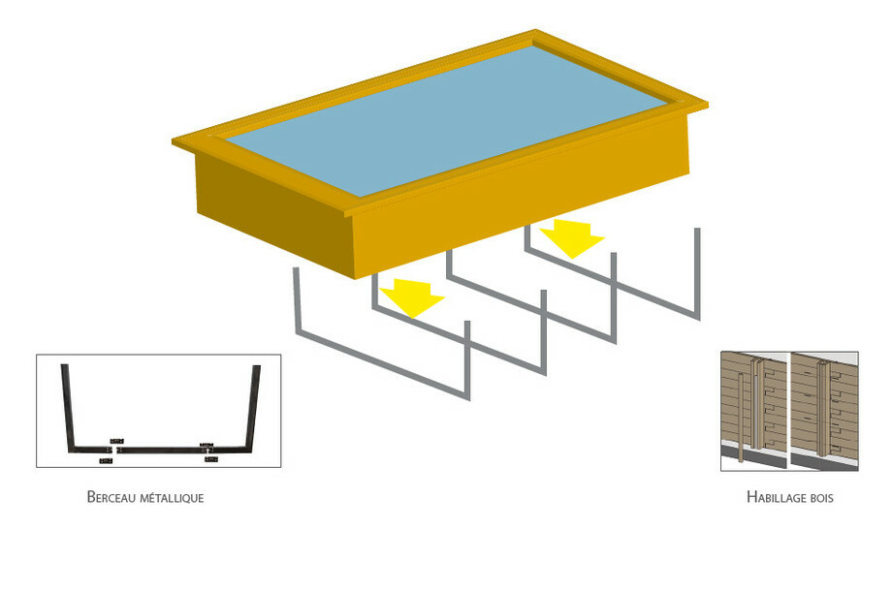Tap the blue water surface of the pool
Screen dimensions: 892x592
447,120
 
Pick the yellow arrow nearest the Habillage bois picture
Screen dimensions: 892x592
572,236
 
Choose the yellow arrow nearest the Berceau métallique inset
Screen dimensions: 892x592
412,296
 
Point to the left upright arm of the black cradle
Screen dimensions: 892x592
67,407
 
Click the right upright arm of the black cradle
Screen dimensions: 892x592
253,407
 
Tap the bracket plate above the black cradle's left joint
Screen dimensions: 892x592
116,441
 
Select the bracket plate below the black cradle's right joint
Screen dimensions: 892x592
211,459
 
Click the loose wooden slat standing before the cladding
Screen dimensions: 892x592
741,418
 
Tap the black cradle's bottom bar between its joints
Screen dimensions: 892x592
159,450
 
